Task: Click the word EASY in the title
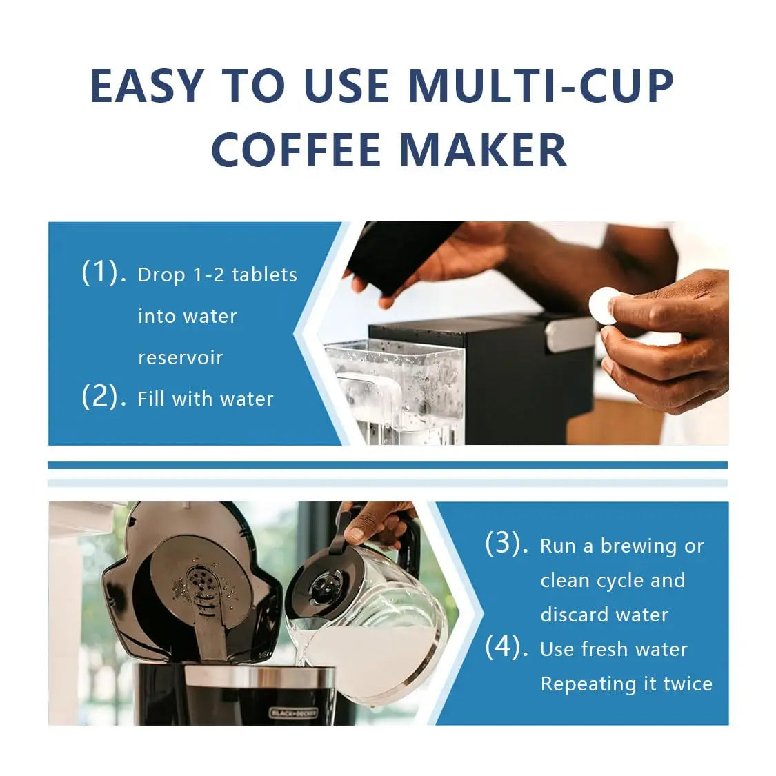point(147,86)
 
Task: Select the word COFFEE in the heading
point(297,150)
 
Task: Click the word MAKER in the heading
point(483,150)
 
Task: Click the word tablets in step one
point(264,275)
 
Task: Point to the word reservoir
point(181,357)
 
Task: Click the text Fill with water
point(206,399)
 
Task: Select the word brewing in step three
point(638,546)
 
